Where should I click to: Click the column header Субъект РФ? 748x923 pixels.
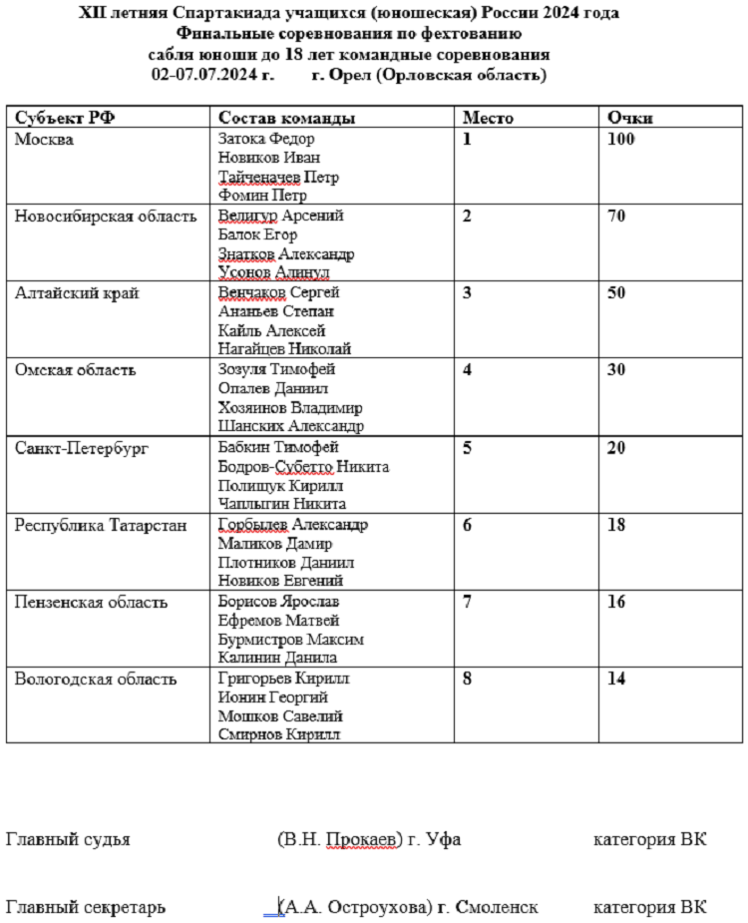(x=64, y=118)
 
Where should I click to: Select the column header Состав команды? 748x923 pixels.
(x=286, y=118)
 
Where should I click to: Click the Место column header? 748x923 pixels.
(x=488, y=118)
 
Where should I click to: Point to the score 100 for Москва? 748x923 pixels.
(x=620, y=139)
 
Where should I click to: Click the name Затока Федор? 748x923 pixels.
(x=265, y=139)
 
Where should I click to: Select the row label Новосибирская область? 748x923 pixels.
(x=105, y=217)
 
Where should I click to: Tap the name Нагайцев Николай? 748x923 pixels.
(x=284, y=349)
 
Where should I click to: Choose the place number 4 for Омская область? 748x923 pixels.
(x=467, y=370)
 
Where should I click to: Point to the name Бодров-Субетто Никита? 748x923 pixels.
(x=303, y=466)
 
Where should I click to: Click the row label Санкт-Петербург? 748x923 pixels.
(x=82, y=448)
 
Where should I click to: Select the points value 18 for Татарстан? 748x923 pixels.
(x=616, y=525)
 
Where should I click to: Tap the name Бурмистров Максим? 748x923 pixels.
(x=290, y=639)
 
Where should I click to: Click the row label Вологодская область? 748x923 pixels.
(x=96, y=680)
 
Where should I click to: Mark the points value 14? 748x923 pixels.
(x=616, y=680)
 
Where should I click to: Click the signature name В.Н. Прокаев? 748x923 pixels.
(x=341, y=839)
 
